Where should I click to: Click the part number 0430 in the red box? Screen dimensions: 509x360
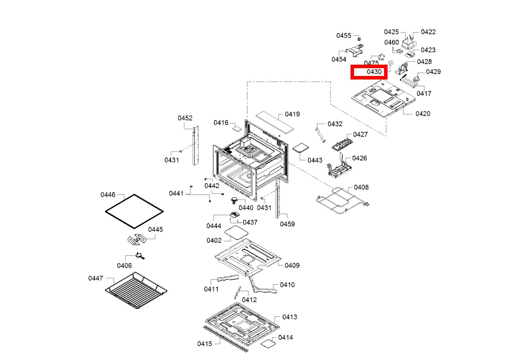click(374, 72)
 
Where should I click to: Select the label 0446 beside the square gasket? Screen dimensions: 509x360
click(108, 195)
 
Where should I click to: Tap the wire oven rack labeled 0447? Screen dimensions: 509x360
click(136, 290)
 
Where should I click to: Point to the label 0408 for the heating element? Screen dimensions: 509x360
click(361, 187)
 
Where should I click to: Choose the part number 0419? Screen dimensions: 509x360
click(292, 114)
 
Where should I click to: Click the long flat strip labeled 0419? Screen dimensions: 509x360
click(275, 122)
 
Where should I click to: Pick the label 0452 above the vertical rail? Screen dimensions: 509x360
click(185, 118)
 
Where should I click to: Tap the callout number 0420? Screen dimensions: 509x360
click(423, 114)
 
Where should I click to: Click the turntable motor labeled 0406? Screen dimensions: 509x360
click(139, 256)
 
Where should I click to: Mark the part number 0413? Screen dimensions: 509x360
click(289, 317)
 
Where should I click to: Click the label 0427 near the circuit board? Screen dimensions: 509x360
click(360, 134)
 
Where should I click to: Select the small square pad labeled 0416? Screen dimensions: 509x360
click(237, 128)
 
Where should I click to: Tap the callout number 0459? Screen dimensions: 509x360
click(287, 224)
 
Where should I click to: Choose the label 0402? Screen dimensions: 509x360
click(214, 240)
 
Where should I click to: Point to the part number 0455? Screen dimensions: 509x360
click(343, 36)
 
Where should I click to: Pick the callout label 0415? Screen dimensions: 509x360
click(204, 344)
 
